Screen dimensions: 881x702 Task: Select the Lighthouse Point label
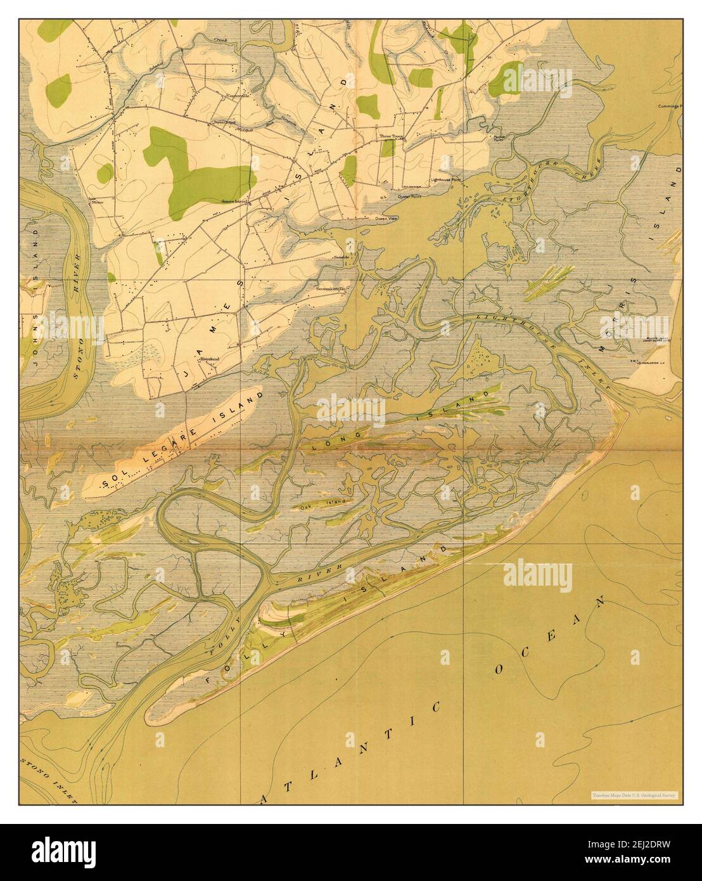(x=446, y=180)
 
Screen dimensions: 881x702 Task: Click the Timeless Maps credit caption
(x=634, y=794)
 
